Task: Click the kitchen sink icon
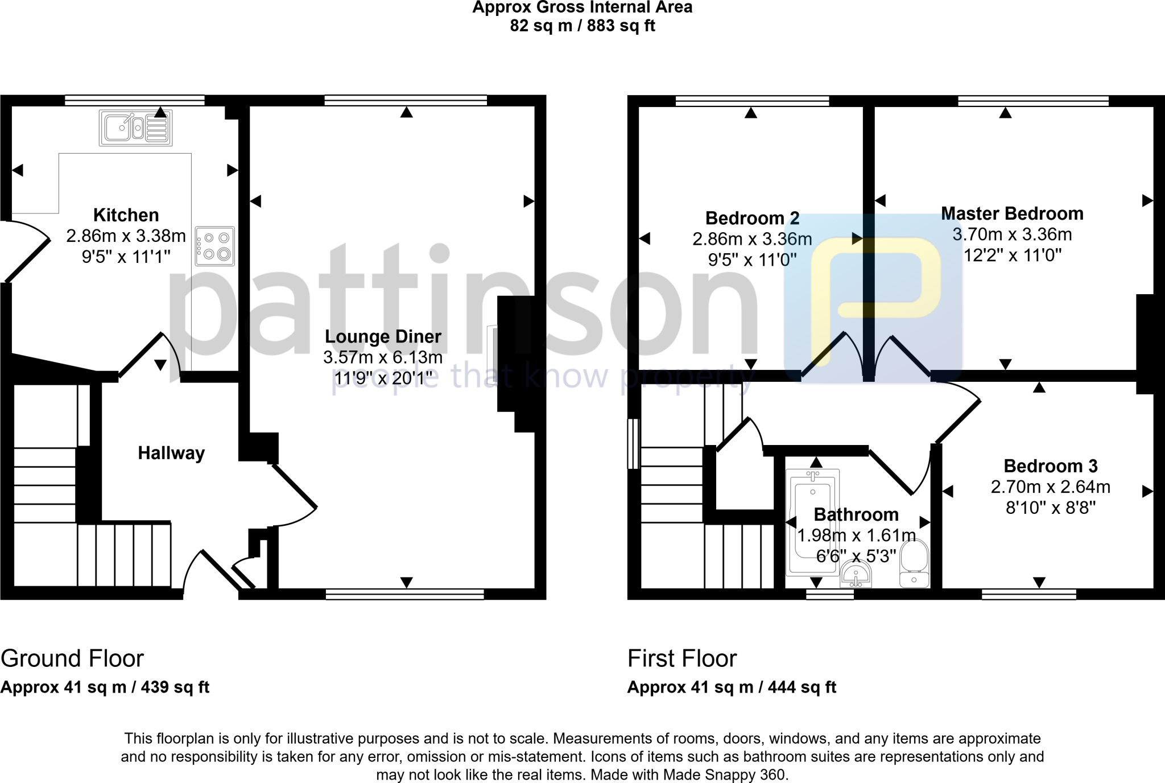(x=135, y=127)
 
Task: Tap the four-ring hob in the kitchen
(x=214, y=246)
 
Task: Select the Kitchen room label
(x=126, y=215)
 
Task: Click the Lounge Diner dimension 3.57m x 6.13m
(x=383, y=357)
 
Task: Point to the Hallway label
(x=171, y=453)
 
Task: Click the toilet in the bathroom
(x=914, y=563)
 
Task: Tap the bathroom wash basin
(x=857, y=575)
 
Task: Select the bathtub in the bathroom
(x=812, y=521)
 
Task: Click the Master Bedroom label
(x=1012, y=213)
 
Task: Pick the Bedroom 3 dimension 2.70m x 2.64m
(x=1050, y=487)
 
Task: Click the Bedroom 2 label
(x=752, y=218)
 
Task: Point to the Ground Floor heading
(x=72, y=658)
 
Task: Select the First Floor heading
(x=682, y=658)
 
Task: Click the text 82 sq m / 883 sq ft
(x=582, y=26)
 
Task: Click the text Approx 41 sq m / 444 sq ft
(x=732, y=687)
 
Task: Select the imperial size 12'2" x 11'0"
(x=1012, y=255)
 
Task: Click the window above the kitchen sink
(x=134, y=101)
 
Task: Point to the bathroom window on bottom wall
(x=830, y=594)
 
